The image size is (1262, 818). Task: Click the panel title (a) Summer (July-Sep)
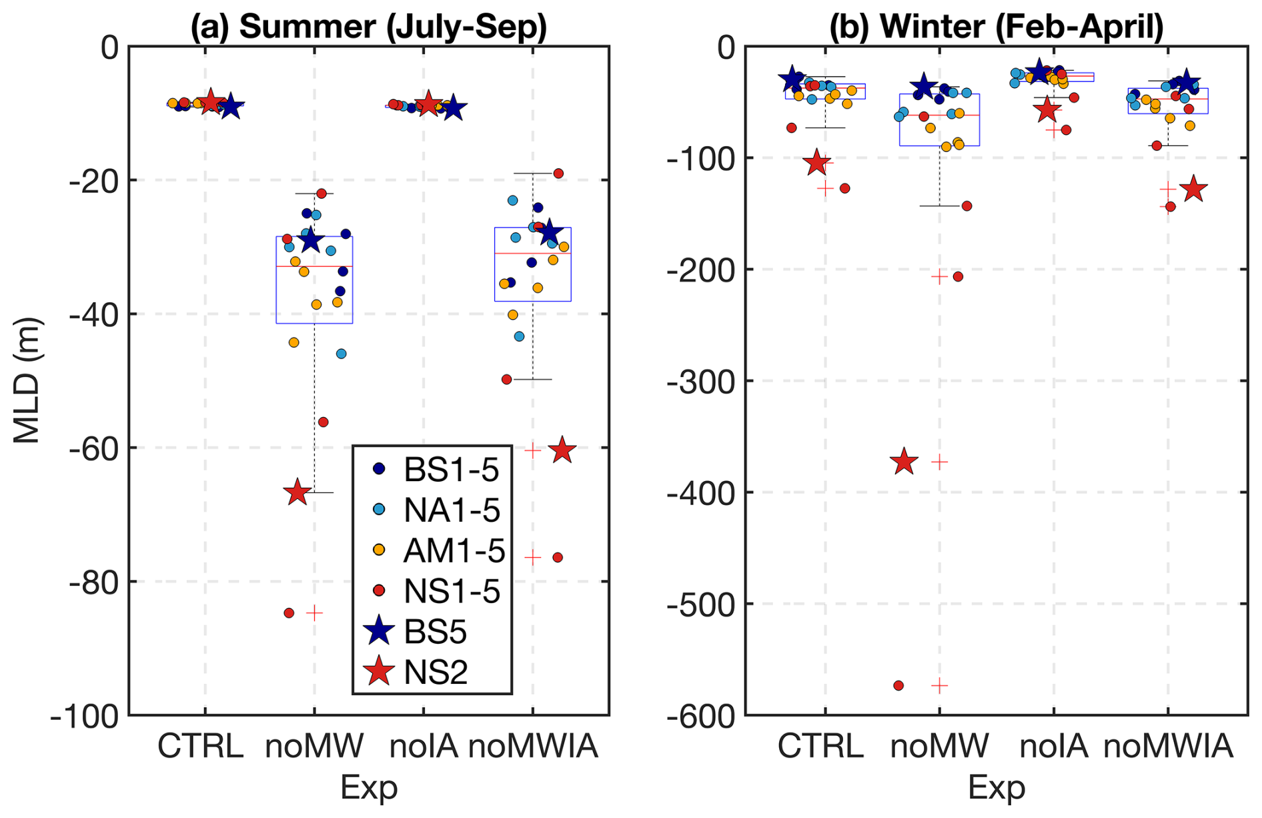coord(368,27)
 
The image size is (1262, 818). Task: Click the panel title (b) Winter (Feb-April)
coord(996,27)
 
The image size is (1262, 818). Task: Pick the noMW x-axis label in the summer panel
coord(314,746)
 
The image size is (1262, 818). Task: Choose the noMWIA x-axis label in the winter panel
coord(1167,746)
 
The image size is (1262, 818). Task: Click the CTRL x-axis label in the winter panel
coord(820,746)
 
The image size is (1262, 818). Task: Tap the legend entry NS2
coord(435,672)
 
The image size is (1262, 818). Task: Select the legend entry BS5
coord(435,631)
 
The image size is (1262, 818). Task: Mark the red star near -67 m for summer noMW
coord(297,493)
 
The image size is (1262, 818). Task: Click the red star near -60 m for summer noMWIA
coord(562,450)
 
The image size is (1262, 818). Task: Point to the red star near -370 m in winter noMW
coord(904,462)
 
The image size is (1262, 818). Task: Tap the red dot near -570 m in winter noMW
coord(898,685)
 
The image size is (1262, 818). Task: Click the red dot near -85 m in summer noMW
coord(289,612)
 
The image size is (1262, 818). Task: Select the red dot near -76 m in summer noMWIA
coord(558,557)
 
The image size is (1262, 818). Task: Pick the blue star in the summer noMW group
coord(311,240)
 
